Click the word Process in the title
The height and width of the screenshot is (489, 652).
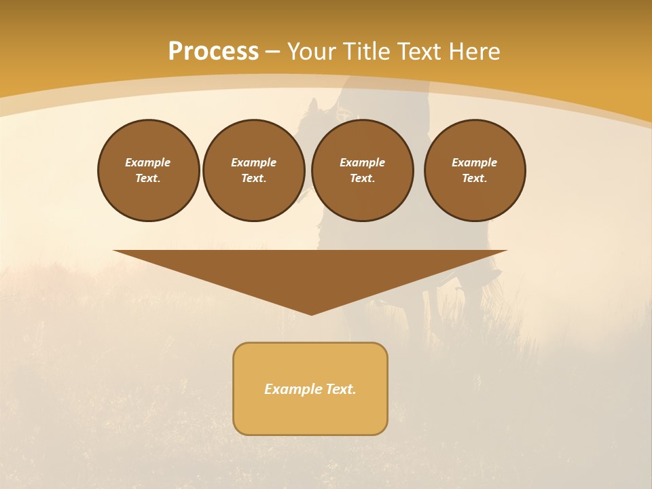(213, 52)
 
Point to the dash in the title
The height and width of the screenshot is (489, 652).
(272, 52)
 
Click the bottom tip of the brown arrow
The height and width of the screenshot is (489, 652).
(311, 313)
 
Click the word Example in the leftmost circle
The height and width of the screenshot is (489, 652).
(148, 162)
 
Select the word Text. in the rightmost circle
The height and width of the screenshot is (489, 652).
(475, 178)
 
